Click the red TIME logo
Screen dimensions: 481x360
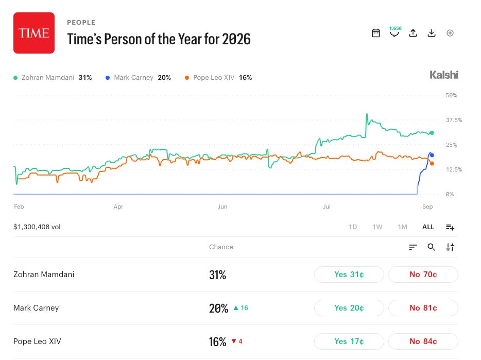pyautogui.click(x=34, y=33)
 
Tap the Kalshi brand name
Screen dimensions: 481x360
pyautogui.click(x=443, y=75)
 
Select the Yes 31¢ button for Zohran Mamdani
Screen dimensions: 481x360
pyautogui.click(x=349, y=275)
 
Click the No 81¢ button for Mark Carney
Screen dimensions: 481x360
pyautogui.click(x=423, y=308)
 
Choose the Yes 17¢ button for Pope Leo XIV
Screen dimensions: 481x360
pyautogui.click(x=349, y=341)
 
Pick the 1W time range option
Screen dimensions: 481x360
pyautogui.click(x=377, y=227)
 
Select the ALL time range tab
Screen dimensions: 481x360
pyautogui.click(x=428, y=227)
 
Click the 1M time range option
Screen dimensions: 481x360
pyautogui.click(x=403, y=227)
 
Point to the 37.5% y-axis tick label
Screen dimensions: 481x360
pyautogui.click(x=454, y=120)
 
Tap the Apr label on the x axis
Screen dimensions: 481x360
pyautogui.click(x=118, y=207)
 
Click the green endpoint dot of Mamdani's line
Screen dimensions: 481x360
pyautogui.click(x=432, y=133)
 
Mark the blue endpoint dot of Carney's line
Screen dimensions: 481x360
pyautogui.click(x=432, y=155)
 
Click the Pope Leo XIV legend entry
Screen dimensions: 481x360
pyautogui.click(x=218, y=78)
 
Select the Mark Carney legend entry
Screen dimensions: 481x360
pyautogui.click(x=138, y=78)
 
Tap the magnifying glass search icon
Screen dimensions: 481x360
pyautogui.click(x=432, y=247)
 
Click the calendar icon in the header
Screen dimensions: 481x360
pyautogui.click(x=376, y=33)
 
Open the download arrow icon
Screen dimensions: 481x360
pyautogui.click(x=432, y=33)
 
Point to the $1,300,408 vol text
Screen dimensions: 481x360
pyautogui.click(x=37, y=227)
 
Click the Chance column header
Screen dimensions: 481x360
pyautogui.click(x=221, y=247)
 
